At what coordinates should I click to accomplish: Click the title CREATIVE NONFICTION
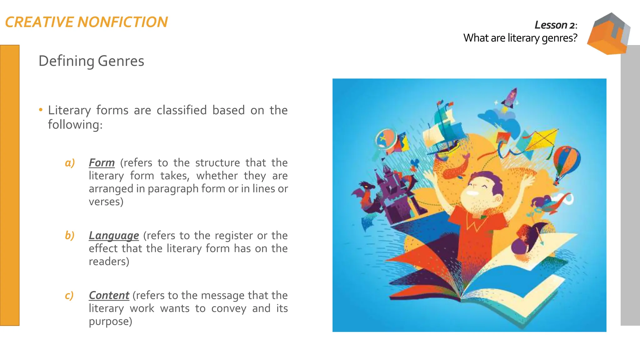[87, 22]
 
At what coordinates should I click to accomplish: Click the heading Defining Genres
[91, 61]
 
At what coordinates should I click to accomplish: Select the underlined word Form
[102, 163]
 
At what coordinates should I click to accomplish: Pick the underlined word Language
[114, 236]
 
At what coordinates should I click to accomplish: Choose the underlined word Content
[109, 295]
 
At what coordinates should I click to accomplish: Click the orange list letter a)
[70, 163]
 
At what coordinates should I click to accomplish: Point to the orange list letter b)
[70, 236]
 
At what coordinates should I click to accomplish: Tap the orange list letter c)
[69, 295]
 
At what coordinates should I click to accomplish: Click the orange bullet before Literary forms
[41, 110]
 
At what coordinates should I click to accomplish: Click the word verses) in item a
[106, 202]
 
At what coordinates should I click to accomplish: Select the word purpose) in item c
[110, 322]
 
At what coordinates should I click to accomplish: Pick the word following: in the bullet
[75, 125]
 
